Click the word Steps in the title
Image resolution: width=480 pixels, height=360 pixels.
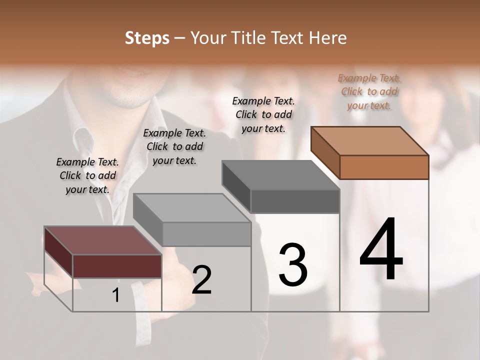click(147, 38)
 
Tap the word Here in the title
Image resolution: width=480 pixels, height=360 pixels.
click(327, 38)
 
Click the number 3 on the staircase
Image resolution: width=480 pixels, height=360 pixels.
click(293, 265)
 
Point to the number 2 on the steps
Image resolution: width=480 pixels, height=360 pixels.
click(201, 280)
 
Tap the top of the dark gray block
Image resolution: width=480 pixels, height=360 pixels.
click(280, 175)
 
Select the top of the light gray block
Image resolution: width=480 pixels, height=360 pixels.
click(192, 208)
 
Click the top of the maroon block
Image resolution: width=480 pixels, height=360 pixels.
click(103, 240)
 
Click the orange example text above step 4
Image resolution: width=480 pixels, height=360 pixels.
click(369, 92)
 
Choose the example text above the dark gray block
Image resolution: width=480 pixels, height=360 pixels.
click(263, 114)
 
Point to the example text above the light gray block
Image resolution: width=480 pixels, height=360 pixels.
click(174, 146)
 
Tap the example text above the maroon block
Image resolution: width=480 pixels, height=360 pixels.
click(87, 175)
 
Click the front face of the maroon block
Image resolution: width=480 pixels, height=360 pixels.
click(117, 266)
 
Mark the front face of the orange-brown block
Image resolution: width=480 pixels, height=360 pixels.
click(384, 167)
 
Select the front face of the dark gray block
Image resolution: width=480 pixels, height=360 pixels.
click(295, 201)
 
